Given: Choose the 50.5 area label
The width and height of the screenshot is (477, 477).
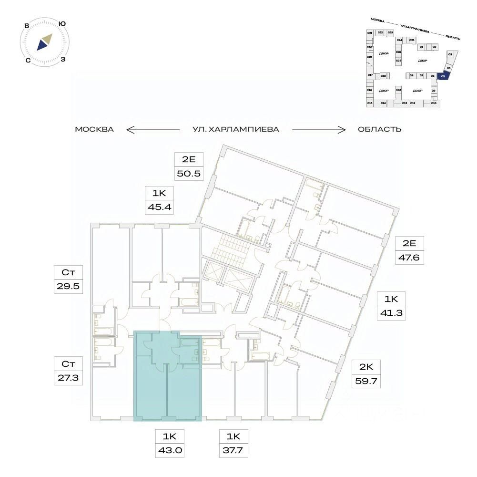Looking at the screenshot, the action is click(x=190, y=173).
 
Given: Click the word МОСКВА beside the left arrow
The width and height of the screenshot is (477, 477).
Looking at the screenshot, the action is click(x=94, y=129).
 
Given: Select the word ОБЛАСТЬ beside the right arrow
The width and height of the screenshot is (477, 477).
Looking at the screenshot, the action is click(x=380, y=129).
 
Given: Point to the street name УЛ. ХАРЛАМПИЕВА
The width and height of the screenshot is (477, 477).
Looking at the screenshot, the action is click(x=235, y=129).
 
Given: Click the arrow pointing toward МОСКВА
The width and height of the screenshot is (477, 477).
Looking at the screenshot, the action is click(x=152, y=129).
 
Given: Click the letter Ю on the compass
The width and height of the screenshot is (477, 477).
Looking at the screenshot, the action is click(x=61, y=24).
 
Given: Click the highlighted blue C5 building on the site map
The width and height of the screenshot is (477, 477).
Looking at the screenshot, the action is click(x=443, y=76).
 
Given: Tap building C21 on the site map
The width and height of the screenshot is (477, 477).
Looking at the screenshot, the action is click(x=369, y=32).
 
